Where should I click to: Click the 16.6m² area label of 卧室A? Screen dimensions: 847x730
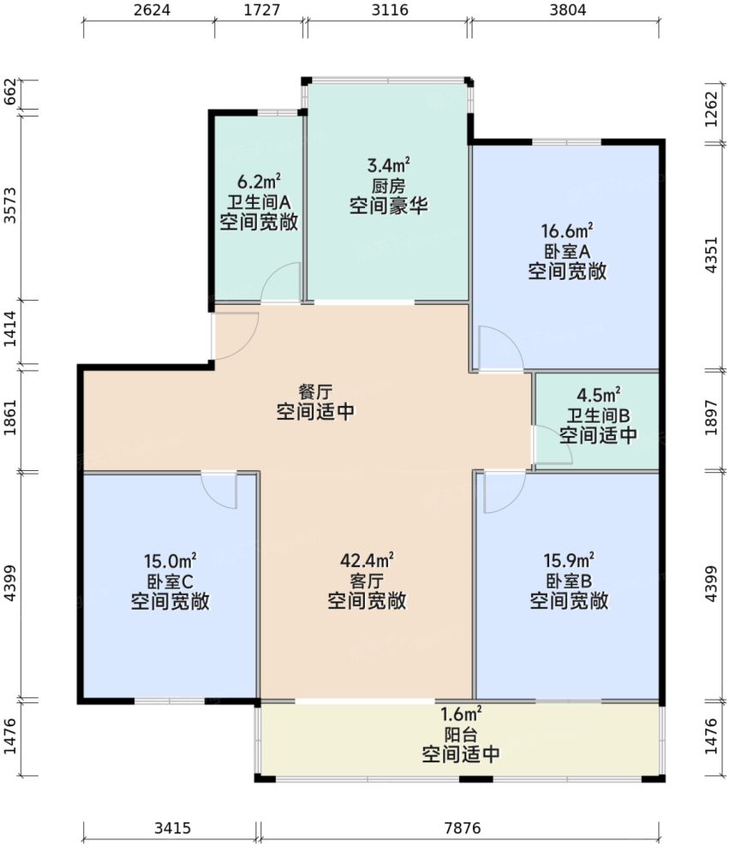click(567, 231)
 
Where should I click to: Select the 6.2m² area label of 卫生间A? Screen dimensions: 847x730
click(259, 182)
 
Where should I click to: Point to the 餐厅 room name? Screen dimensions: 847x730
click(315, 391)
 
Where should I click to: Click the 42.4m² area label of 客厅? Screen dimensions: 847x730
click(367, 561)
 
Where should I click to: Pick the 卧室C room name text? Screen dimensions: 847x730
click(171, 582)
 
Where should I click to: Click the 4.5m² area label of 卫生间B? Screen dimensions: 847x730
click(598, 395)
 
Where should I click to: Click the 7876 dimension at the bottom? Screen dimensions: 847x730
click(463, 828)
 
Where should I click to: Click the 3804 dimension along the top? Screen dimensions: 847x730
click(568, 11)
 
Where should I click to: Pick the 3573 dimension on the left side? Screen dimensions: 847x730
click(10, 206)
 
